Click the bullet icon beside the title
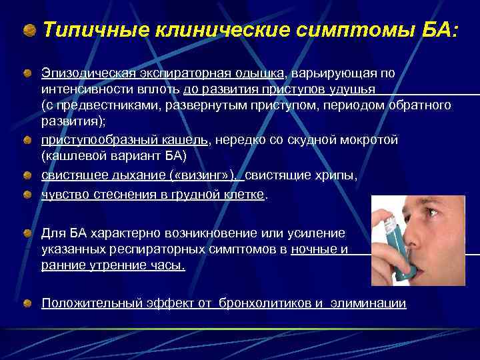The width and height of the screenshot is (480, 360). tap(29, 30)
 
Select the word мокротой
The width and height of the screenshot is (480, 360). tap(368, 140)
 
